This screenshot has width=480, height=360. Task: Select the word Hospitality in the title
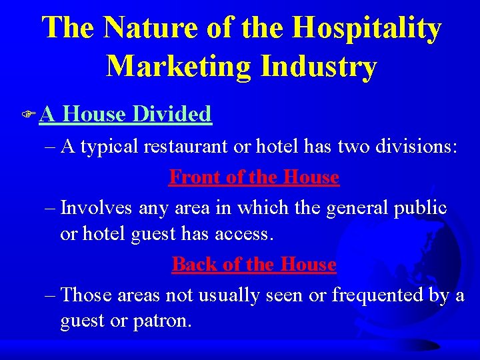pos(367,29)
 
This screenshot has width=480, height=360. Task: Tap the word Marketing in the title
pos(177,66)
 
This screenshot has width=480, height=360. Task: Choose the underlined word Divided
pos(172,114)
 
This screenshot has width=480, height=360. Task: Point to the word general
pos(357,209)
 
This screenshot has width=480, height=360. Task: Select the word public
pos(421,209)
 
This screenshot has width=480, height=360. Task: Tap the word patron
pos(165,322)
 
